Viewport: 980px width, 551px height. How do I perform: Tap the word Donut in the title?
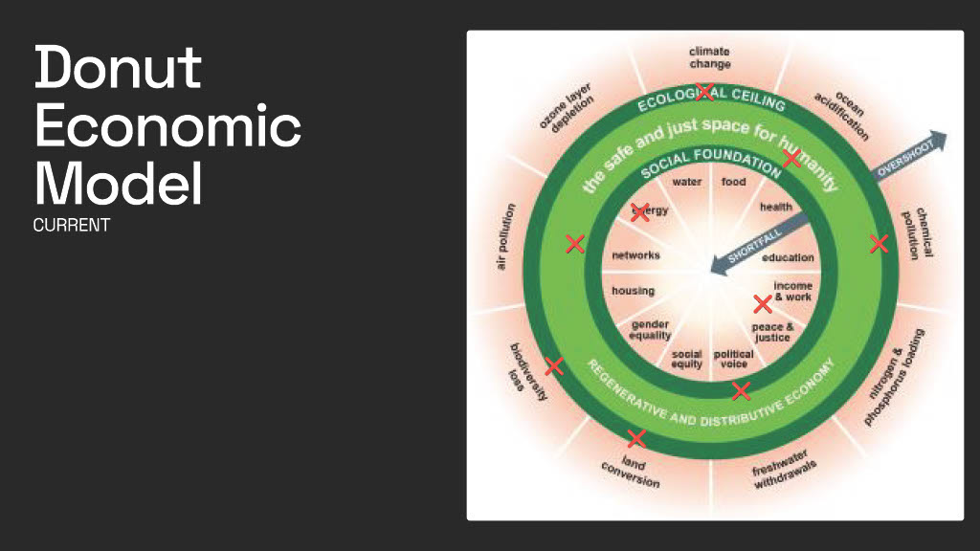118,68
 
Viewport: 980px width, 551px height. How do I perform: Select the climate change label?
709,57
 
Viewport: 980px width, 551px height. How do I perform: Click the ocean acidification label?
840,116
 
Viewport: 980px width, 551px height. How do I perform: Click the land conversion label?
632,471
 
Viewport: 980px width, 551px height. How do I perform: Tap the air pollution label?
505,236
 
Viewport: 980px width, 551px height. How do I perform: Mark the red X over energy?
640,212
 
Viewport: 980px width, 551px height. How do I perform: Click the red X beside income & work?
763,304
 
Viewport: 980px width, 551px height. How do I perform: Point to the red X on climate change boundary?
705,92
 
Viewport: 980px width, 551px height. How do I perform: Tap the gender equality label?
651,330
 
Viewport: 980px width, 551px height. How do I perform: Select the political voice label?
733,359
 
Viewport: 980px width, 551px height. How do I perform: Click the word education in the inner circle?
788,257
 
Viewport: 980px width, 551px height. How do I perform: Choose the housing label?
634,291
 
